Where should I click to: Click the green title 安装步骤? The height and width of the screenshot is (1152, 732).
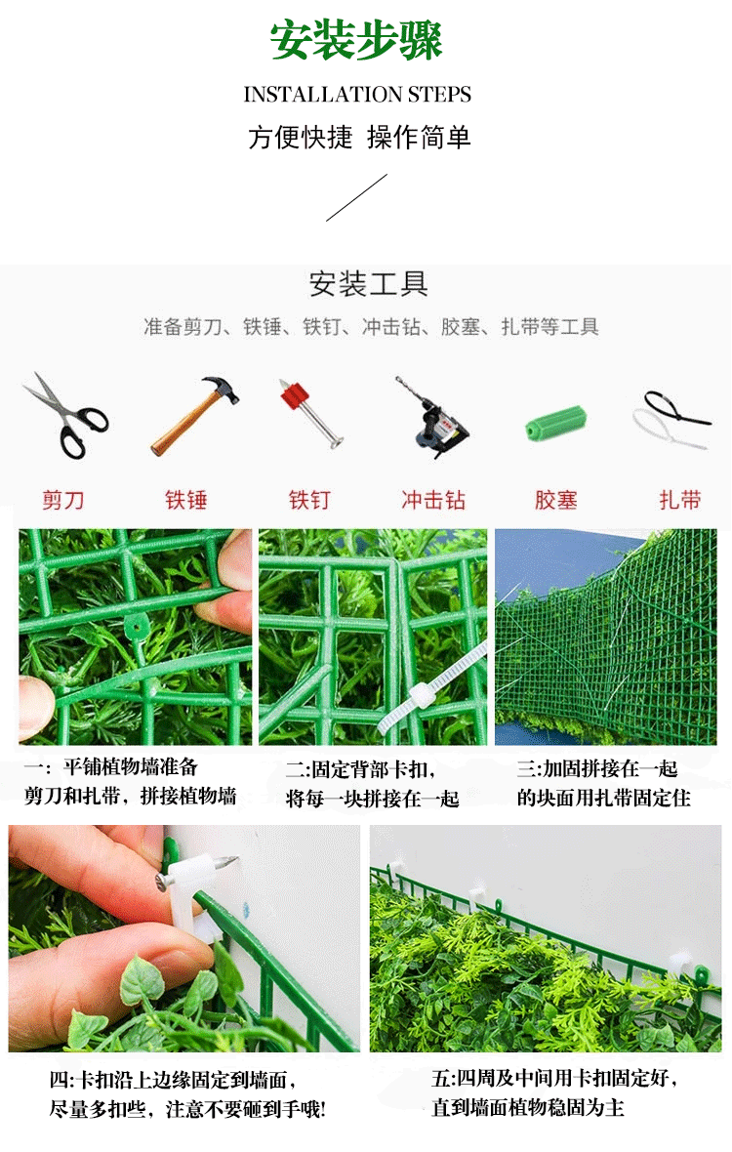tap(356, 40)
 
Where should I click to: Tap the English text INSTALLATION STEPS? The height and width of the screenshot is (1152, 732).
tap(357, 94)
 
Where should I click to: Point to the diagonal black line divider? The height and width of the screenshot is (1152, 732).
tap(356, 197)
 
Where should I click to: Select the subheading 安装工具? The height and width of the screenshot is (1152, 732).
tap(368, 283)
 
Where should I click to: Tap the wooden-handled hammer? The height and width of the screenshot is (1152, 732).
tap(194, 415)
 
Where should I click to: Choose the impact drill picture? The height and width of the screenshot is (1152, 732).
tap(433, 417)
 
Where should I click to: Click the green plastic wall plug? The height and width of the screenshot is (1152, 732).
tap(555, 423)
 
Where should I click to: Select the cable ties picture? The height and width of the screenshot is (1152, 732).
tap(672, 420)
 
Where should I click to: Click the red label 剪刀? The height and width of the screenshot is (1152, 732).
tap(63, 500)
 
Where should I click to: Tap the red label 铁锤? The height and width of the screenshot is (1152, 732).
tap(186, 500)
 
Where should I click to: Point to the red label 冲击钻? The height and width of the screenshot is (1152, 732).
tap(433, 500)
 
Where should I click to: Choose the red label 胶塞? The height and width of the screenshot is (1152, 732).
tap(555, 500)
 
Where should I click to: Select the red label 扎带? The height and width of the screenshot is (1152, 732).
tap(680, 500)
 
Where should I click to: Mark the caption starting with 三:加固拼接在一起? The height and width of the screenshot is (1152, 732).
tap(603, 783)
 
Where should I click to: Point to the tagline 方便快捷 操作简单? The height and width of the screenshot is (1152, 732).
tap(359, 138)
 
